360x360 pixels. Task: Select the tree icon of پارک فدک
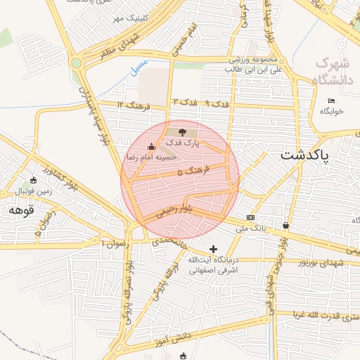182,131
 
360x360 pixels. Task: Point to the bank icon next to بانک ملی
251,217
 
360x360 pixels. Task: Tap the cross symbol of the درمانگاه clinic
214,249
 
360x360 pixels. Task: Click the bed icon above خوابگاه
331,101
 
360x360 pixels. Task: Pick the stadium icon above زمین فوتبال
33,181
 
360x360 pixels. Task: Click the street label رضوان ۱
112,243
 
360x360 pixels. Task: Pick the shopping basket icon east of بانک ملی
285,225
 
